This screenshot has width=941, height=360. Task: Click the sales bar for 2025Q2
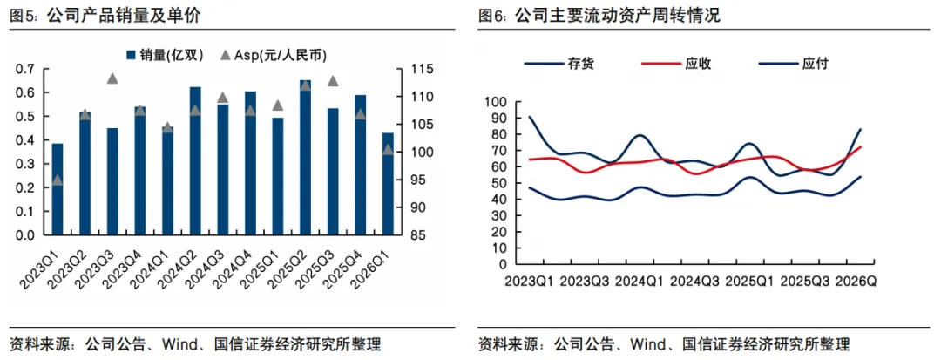point(306,157)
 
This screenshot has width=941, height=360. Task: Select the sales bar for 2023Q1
point(58,190)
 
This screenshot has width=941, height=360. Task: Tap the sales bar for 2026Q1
point(388,184)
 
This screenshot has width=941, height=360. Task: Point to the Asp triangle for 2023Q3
point(112,78)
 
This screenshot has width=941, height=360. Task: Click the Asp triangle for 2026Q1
point(388,149)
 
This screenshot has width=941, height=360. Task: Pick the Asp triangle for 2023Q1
point(58,180)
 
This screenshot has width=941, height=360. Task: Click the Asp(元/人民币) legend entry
point(273,56)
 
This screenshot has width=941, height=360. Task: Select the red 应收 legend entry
point(677,64)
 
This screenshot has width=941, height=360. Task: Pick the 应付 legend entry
point(795,64)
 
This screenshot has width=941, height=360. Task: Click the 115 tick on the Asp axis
point(419,70)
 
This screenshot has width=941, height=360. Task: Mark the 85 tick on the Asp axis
point(416,235)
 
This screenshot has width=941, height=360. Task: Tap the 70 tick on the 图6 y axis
point(500,151)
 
